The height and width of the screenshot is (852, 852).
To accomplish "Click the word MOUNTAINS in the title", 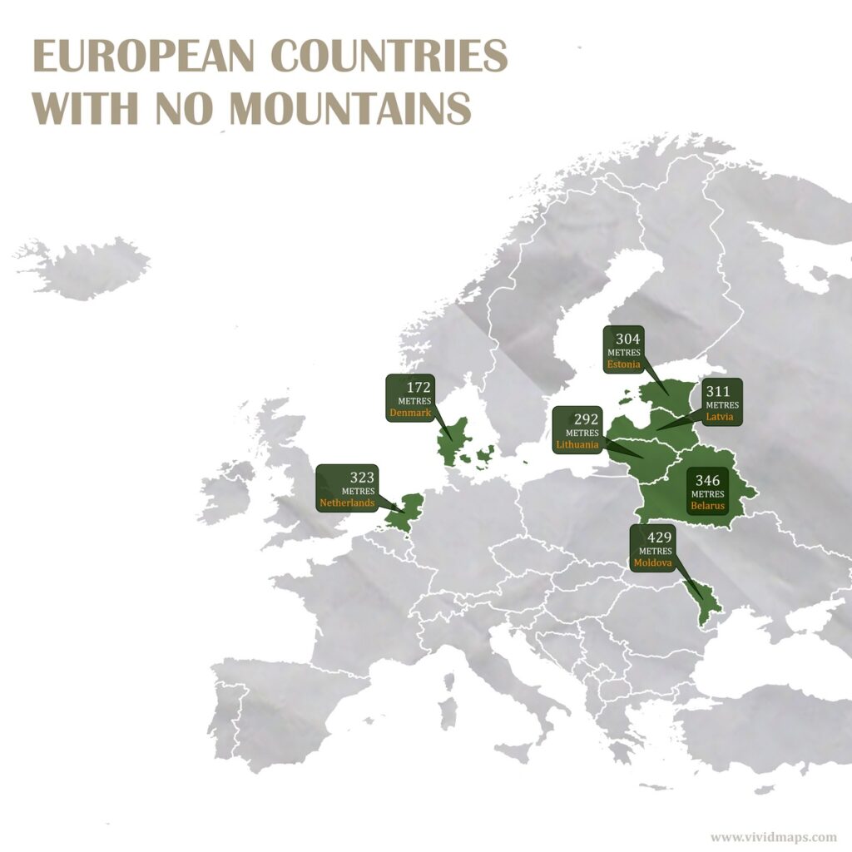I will click(x=350, y=109).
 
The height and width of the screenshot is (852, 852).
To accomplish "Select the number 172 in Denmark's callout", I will click(x=419, y=388).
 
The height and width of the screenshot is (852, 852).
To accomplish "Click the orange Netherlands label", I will click(x=348, y=503).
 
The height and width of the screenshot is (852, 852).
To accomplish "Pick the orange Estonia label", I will click(x=624, y=364).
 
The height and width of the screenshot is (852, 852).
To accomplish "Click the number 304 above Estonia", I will click(x=627, y=339).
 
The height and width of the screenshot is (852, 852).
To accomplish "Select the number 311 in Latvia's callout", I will click(x=717, y=391).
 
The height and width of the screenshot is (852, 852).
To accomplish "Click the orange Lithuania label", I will click(x=577, y=444).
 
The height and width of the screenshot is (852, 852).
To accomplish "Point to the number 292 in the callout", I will click(x=587, y=419).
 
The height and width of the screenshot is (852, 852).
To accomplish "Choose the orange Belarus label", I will click(x=707, y=504).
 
